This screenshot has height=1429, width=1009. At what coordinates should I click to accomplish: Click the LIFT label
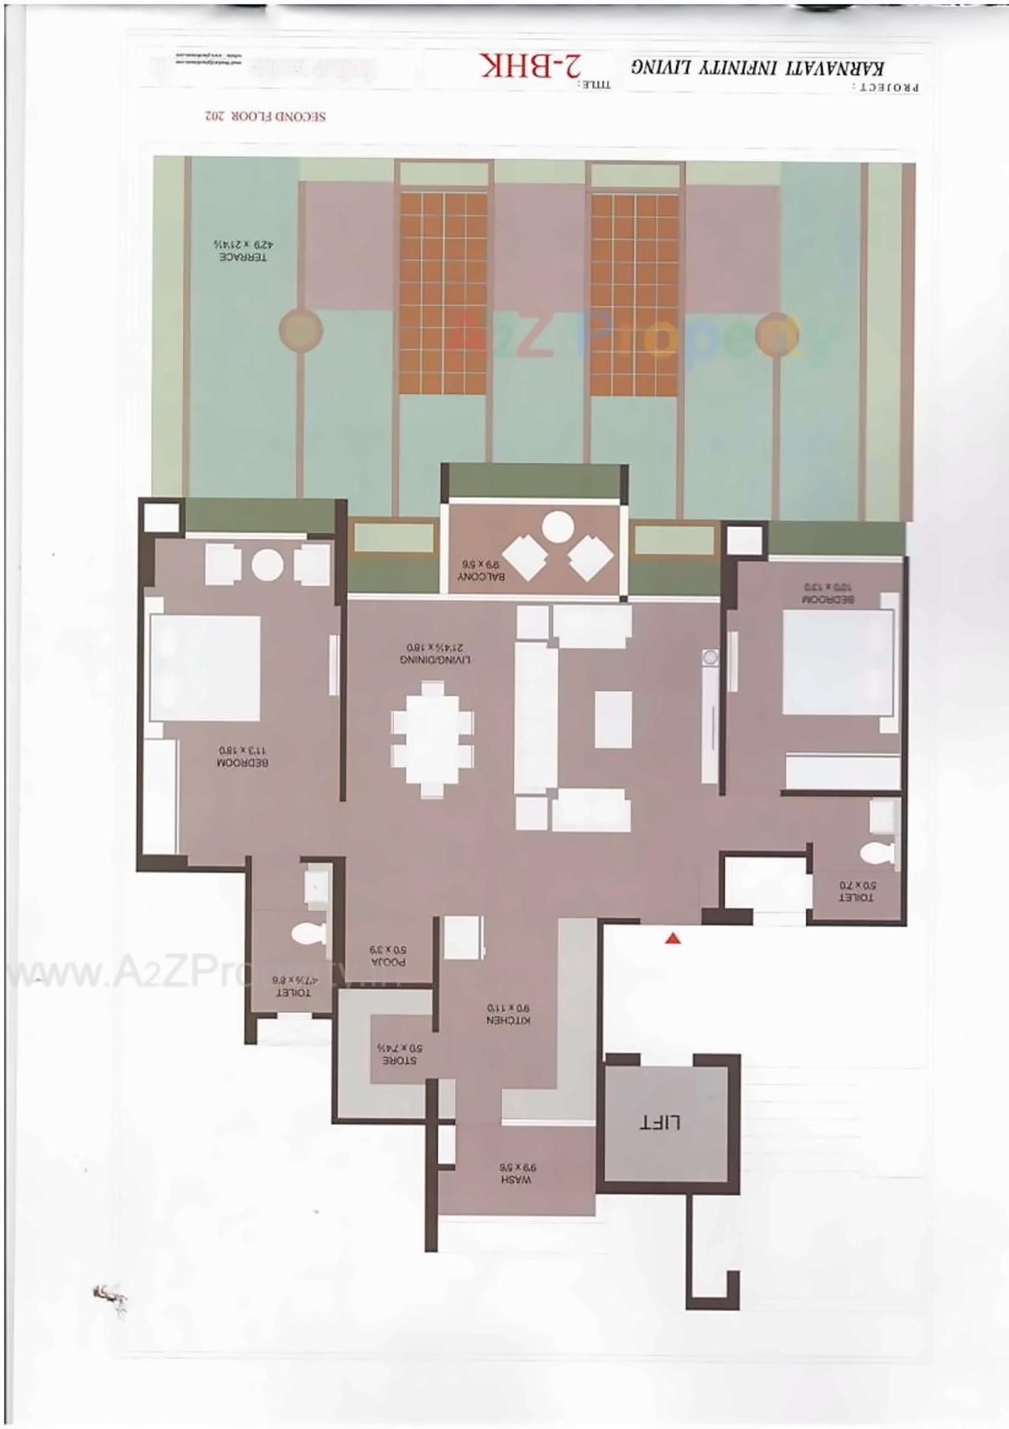(x=661, y=1122)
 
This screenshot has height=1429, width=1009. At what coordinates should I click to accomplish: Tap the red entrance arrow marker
(x=673, y=938)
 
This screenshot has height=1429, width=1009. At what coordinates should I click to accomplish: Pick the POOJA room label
(x=387, y=955)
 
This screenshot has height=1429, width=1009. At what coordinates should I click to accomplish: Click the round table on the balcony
(x=558, y=525)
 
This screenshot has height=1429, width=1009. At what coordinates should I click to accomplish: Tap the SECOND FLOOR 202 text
(x=265, y=116)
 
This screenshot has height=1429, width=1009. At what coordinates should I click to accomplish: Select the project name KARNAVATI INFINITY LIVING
(x=757, y=68)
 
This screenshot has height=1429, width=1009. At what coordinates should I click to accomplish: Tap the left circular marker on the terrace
(x=300, y=328)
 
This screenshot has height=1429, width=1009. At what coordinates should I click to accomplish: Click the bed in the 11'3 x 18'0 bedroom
(x=205, y=668)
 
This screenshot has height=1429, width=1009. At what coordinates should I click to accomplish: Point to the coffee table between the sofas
(x=613, y=719)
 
